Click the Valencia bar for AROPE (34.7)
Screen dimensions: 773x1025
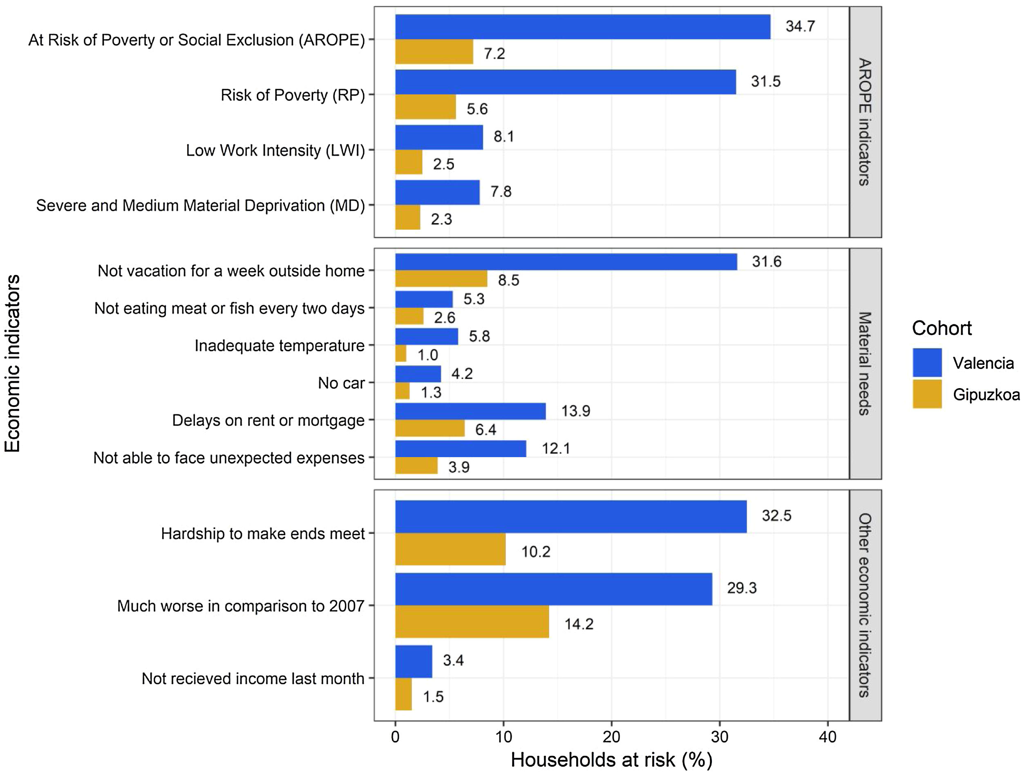[x=582, y=27]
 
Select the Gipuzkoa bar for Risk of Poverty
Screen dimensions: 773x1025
[x=425, y=107]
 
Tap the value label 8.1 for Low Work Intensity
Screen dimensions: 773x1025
[x=503, y=136]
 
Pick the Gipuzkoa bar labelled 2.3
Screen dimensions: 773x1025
[x=407, y=217]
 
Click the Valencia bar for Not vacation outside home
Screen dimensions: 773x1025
[x=566, y=261]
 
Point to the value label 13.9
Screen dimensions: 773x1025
[x=575, y=411]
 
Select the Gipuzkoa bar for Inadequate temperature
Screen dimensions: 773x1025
[x=401, y=354]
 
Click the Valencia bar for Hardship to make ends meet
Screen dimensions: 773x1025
[x=571, y=516]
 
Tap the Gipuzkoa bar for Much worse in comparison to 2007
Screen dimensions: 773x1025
[x=472, y=621]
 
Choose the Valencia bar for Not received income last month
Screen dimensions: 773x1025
[x=413, y=661]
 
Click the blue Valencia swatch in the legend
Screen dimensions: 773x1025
[x=927, y=363]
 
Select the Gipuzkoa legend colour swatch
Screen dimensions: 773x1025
[x=927, y=394]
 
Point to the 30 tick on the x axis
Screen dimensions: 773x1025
[x=720, y=736]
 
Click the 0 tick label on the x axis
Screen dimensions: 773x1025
[x=395, y=736]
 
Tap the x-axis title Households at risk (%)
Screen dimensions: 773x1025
[x=611, y=760]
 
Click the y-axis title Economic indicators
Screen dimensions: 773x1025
[x=13, y=363]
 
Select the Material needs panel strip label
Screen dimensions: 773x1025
[x=865, y=364]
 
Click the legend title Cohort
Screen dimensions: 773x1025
[x=942, y=328]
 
